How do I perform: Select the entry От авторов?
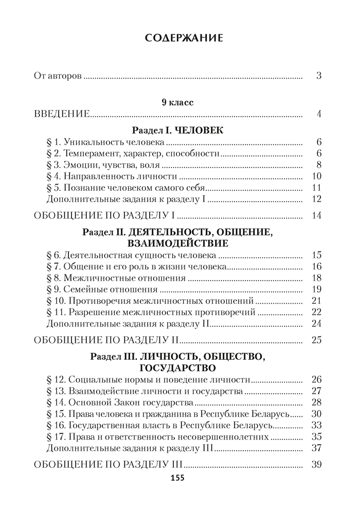58,77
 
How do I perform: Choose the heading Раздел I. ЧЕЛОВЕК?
177,131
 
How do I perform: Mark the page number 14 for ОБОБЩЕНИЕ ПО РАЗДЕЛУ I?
316,215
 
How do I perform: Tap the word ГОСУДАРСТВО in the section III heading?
177,368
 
